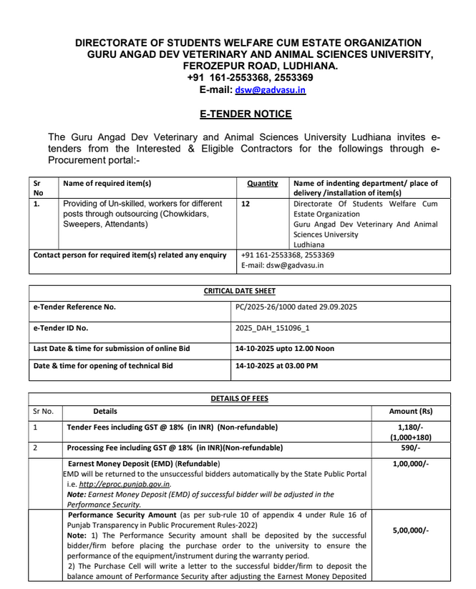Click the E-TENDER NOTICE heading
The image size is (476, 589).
tap(246, 114)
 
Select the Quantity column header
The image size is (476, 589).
tap(263, 183)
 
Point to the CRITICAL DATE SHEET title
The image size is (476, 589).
tap(239, 292)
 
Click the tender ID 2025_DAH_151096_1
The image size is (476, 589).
tap(272, 328)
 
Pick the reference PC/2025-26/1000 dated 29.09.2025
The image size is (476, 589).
tap(296, 307)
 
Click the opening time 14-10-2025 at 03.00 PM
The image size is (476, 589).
tap(276, 366)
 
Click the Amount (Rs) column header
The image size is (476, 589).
tap(410, 412)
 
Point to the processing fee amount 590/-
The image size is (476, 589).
tap(411, 447)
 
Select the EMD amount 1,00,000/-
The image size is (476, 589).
tap(411, 464)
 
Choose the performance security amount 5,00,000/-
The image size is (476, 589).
tap(411, 530)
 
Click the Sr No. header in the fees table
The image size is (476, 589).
tap(43, 412)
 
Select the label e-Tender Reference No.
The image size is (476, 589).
tap(74, 307)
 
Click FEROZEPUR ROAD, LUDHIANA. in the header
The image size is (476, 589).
tap(261, 66)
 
